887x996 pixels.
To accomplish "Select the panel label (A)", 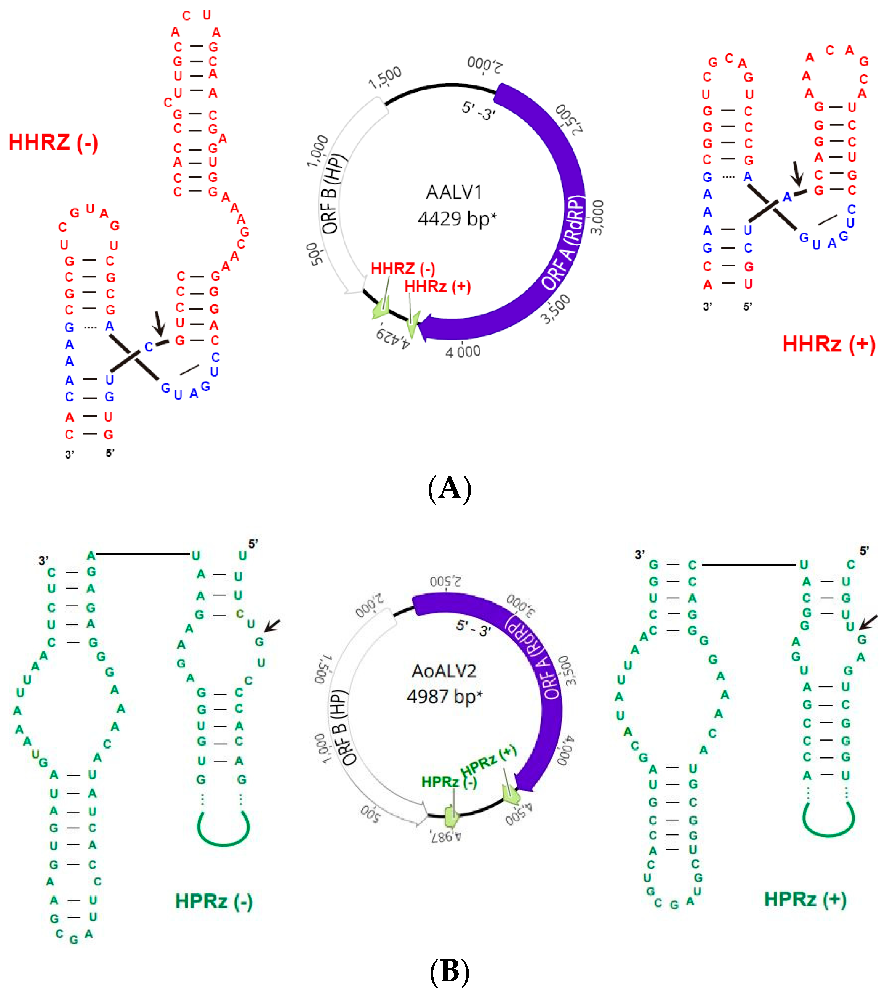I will coord(449,488).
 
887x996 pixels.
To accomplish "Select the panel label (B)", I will coord(449,970).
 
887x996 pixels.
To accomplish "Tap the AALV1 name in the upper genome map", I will coord(454,192).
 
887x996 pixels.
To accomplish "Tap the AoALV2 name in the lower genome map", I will coord(444,671).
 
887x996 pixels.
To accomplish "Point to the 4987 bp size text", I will coord(444,696).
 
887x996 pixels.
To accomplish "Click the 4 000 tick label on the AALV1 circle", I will coord(463,351).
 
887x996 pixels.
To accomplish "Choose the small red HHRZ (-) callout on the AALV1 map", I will coord(403,269).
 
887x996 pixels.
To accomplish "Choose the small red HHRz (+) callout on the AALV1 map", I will coord(437,287).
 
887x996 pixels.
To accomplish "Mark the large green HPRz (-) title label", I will coord(214,901).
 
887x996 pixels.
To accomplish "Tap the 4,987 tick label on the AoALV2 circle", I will coord(445,836).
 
